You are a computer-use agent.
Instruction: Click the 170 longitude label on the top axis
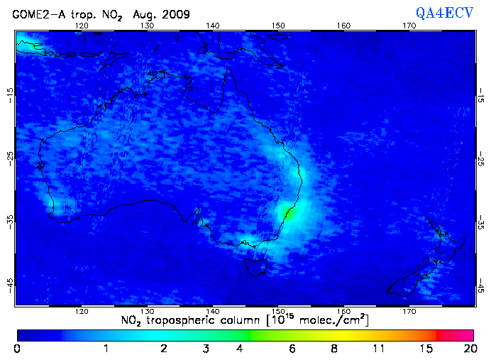(409, 26)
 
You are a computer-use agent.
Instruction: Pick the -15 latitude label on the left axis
(10, 94)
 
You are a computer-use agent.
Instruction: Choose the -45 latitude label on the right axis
(482, 286)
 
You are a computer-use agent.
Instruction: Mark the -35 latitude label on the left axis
(10, 222)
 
